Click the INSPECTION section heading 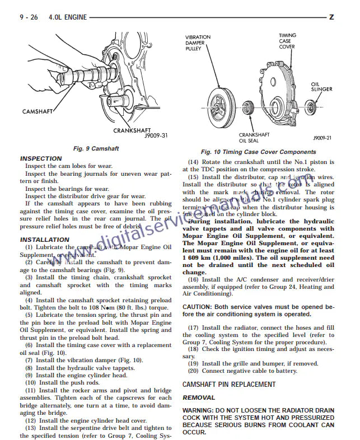point(41,158)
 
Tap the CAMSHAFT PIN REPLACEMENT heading point(229,385)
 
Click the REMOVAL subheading point(199,397)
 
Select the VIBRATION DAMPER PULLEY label point(198,43)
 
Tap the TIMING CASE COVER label point(287,41)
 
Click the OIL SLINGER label point(321,86)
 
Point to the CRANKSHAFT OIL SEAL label point(254,138)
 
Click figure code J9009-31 point(156,136)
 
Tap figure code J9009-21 point(322,137)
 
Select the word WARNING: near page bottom point(200,410)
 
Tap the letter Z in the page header point(331,17)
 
